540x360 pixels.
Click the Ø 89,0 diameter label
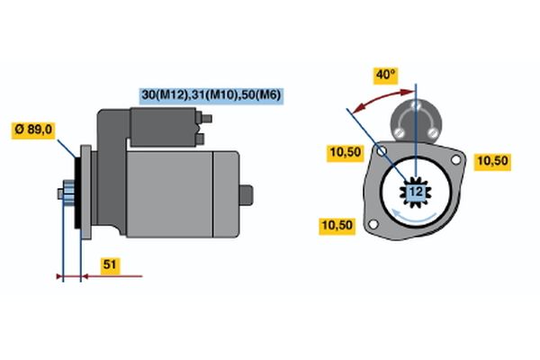[x=33, y=130]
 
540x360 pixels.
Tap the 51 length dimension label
[x=110, y=265]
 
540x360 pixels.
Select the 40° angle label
[x=386, y=76]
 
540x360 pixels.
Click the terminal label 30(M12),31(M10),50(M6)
[x=211, y=95]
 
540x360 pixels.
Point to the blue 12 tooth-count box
[x=416, y=192]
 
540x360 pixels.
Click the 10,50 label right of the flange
[x=493, y=161]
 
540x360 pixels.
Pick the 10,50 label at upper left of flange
[x=346, y=153]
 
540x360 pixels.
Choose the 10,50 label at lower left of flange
[x=337, y=226]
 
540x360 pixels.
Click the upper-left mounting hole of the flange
[x=382, y=151]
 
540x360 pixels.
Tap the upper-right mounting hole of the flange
[x=455, y=160]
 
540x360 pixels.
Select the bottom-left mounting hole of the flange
[x=373, y=224]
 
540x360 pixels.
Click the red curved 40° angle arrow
[x=382, y=99]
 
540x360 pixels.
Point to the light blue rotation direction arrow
[x=413, y=216]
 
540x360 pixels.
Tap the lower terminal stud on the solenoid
[x=200, y=139]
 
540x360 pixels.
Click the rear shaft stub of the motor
[x=247, y=195]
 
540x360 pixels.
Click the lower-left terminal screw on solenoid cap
[x=399, y=132]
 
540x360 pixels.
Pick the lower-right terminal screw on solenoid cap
[x=432, y=132]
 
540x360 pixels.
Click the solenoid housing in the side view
[x=163, y=127]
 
